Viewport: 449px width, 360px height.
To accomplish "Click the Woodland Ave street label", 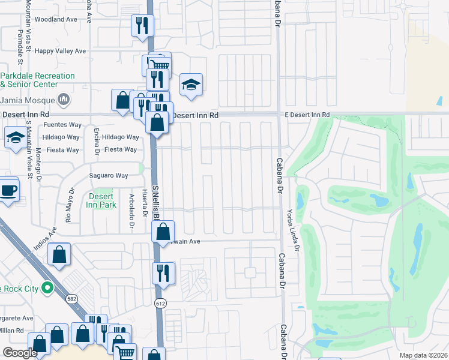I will pos(56,19).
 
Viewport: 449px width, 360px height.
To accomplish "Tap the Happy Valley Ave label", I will pos(60,52).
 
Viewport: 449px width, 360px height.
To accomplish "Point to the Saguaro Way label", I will pos(109,176).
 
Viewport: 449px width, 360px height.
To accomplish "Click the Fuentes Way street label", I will pos(62,125).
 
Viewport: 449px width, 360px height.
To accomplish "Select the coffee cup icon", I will pos(8,190).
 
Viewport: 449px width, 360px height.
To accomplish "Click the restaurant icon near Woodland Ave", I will pos(142,25).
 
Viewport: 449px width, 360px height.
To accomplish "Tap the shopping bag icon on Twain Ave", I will pos(163,232).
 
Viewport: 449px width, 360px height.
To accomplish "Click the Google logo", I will pos(20,353).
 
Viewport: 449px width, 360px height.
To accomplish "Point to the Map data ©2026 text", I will pos(424,355).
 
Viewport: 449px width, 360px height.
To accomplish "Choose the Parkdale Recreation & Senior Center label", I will pos(37,80).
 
